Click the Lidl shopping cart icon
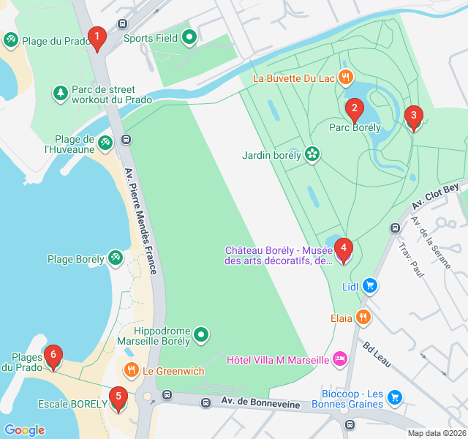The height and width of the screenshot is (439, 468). click(371, 286)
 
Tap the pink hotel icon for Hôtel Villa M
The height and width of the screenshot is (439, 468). click(340, 359)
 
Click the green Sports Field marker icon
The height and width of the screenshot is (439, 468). click(189, 37)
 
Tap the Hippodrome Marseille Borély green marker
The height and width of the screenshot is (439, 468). click(203, 335)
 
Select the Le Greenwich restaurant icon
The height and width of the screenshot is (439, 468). click(132, 370)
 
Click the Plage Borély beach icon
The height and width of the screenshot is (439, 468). click(116, 258)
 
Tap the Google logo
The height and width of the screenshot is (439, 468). click(24, 430)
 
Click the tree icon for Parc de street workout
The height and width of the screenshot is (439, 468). click(59, 93)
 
